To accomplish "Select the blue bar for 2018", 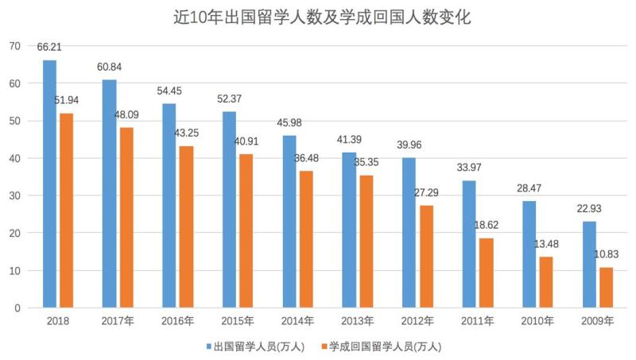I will (x=49, y=184).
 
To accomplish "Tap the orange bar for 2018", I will (x=67, y=211).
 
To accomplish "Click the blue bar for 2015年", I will (x=230, y=210).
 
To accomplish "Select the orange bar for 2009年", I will (x=607, y=288).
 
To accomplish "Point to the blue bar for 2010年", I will (x=529, y=254).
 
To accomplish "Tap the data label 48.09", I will (x=127, y=115).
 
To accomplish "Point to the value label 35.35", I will (x=367, y=163).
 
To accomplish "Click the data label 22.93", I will (x=589, y=208).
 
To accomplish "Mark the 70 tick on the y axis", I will (x=14, y=46).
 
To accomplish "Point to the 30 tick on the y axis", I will (x=14, y=195).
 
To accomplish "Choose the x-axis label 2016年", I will (x=177, y=322).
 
